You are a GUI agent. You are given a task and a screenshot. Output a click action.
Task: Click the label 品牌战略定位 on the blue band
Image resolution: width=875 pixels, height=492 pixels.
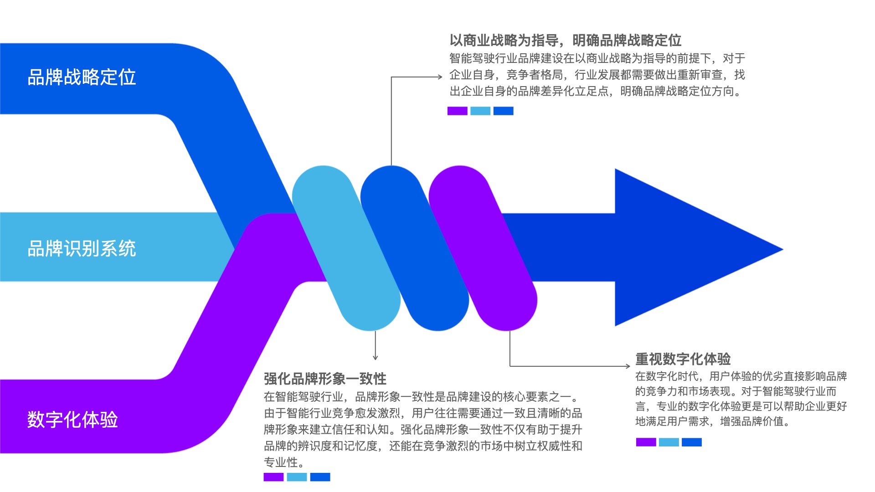click(82, 77)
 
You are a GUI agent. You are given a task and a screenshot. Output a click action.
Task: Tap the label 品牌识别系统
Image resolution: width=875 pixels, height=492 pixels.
click(82, 249)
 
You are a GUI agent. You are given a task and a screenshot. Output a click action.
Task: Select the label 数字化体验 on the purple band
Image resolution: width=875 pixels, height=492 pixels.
click(72, 420)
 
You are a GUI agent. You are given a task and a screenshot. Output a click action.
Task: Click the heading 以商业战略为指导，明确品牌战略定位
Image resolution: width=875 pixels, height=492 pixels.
click(565, 41)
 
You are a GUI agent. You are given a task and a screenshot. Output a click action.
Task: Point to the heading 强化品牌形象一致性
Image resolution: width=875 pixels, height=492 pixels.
click(325, 379)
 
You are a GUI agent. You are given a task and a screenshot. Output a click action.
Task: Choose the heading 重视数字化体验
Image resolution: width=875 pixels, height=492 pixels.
click(683, 359)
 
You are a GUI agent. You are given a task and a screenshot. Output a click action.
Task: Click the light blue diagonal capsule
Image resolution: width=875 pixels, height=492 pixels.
click(346, 248)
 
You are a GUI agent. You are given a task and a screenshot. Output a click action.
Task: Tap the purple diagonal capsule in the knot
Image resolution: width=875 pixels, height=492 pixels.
click(483, 248)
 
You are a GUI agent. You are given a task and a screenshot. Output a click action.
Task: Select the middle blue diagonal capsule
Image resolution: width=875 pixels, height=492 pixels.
click(415, 248)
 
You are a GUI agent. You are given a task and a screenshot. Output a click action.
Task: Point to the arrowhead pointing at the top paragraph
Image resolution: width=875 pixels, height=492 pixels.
click(440, 77)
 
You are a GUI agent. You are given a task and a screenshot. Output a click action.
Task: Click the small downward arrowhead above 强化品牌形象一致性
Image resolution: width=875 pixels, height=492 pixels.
click(375, 358)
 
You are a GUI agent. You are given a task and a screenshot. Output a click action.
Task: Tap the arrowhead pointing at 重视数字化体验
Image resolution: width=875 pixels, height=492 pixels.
click(628, 366)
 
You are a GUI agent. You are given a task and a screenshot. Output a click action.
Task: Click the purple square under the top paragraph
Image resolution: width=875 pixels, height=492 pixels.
click(457, 111)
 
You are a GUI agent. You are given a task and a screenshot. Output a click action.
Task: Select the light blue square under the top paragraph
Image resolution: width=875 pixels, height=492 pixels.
click(480, 111)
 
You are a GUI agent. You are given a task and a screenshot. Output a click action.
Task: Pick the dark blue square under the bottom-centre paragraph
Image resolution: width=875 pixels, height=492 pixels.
click(320, 477)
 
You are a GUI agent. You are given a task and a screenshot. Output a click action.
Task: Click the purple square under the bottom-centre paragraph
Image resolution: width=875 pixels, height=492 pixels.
click(273, 477)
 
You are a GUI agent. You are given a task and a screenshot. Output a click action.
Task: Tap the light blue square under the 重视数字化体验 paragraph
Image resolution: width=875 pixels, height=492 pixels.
click(669, 442)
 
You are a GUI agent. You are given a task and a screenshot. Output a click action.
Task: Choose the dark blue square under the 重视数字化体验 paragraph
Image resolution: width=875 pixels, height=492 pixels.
click(691, 442)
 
